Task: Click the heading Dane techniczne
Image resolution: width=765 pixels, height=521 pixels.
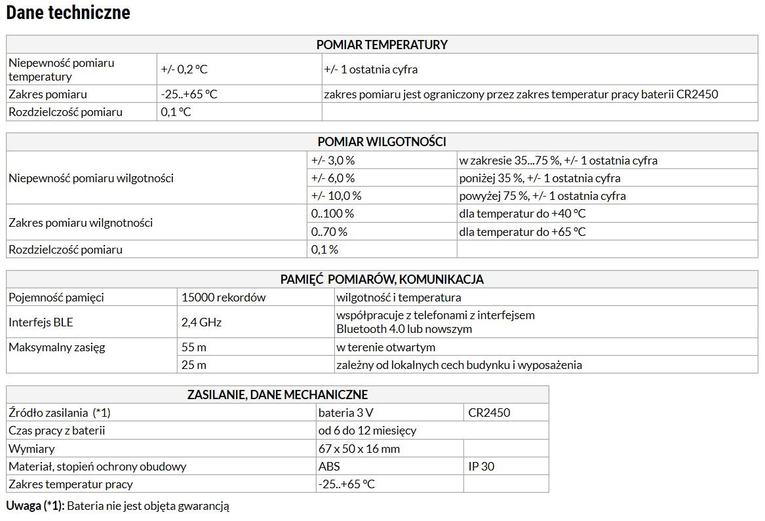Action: pyautogui.click(x=68, y=12)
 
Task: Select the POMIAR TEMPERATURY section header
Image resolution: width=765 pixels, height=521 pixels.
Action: pyautogui.click(x=382, y=45)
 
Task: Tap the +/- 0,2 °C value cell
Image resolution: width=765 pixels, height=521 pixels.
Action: pyautogui.click(x=184, y=69)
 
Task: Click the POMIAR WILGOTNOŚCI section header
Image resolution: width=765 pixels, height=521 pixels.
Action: pyautogui.click(x=382, y=142)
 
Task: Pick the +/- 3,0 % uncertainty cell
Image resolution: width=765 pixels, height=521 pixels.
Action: pyautogui.click(x=333, y=161)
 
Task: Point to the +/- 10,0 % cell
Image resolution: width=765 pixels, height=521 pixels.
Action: pyautogui.click(x=336, y=196)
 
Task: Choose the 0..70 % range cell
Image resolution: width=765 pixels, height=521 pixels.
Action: pyautogui.click(x=329, y=232)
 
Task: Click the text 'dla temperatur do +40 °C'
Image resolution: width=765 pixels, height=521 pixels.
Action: pyautogui.click(x=522, y=214)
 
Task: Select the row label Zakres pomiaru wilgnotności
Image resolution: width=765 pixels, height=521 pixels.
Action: pyautogui.click(x=81, y=223)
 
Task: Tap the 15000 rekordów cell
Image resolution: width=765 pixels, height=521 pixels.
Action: pyautogui.click(x=224, y=298)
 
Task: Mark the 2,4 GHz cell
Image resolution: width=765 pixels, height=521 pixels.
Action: pyautogui.click(x=201, y=322)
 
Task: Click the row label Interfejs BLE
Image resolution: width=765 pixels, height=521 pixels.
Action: pyautogui.click(x=41, y=322)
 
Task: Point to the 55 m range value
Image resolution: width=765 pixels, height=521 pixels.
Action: pyautogui.click(x=194, y=347)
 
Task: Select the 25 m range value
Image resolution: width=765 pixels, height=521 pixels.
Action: pyautogui.click(x=194, y=365)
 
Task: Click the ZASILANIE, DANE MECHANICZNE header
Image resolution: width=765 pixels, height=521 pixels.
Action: pyautogui.click(x=277, y=395)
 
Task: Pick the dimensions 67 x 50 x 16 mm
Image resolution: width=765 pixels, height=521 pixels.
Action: pyautogui.click(x=359, y=449)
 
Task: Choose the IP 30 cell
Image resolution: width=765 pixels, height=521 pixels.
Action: pyautogui.click(x=481, y=467)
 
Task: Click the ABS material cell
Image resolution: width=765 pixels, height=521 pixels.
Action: pyautogui.click(x=329, y=467)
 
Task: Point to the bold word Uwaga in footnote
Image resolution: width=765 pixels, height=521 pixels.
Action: pyautogui.click(x=24, y=506)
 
